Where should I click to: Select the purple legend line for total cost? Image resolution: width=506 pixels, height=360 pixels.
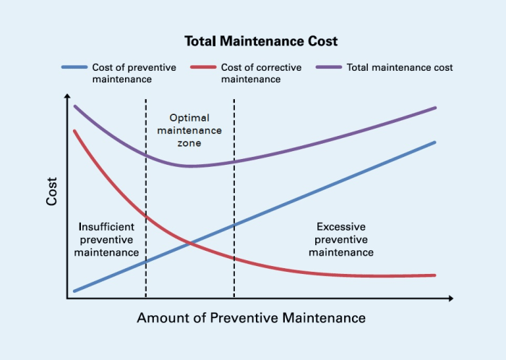pos(330,67)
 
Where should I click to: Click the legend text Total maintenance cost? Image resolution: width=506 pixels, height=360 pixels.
pos(400,67)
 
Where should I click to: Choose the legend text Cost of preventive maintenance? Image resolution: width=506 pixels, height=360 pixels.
pos(134,73)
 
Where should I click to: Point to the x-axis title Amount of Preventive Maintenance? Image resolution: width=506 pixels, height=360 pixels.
pos(251,318)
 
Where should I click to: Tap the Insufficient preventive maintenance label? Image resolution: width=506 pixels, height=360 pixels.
pos(106,239)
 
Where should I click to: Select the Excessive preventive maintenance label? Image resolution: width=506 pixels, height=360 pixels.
pos(340,239)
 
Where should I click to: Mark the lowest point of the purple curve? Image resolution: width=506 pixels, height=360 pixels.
pos(190,166)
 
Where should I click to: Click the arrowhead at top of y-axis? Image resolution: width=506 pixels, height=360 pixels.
pos(67,96)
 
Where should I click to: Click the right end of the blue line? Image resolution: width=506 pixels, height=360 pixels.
pos(435,142)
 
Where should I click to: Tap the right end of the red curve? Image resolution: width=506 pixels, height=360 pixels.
pos(435,275)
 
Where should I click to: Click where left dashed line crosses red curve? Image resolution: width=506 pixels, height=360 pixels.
pos(146,215)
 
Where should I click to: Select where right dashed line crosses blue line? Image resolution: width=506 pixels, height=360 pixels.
pos(233,226)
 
